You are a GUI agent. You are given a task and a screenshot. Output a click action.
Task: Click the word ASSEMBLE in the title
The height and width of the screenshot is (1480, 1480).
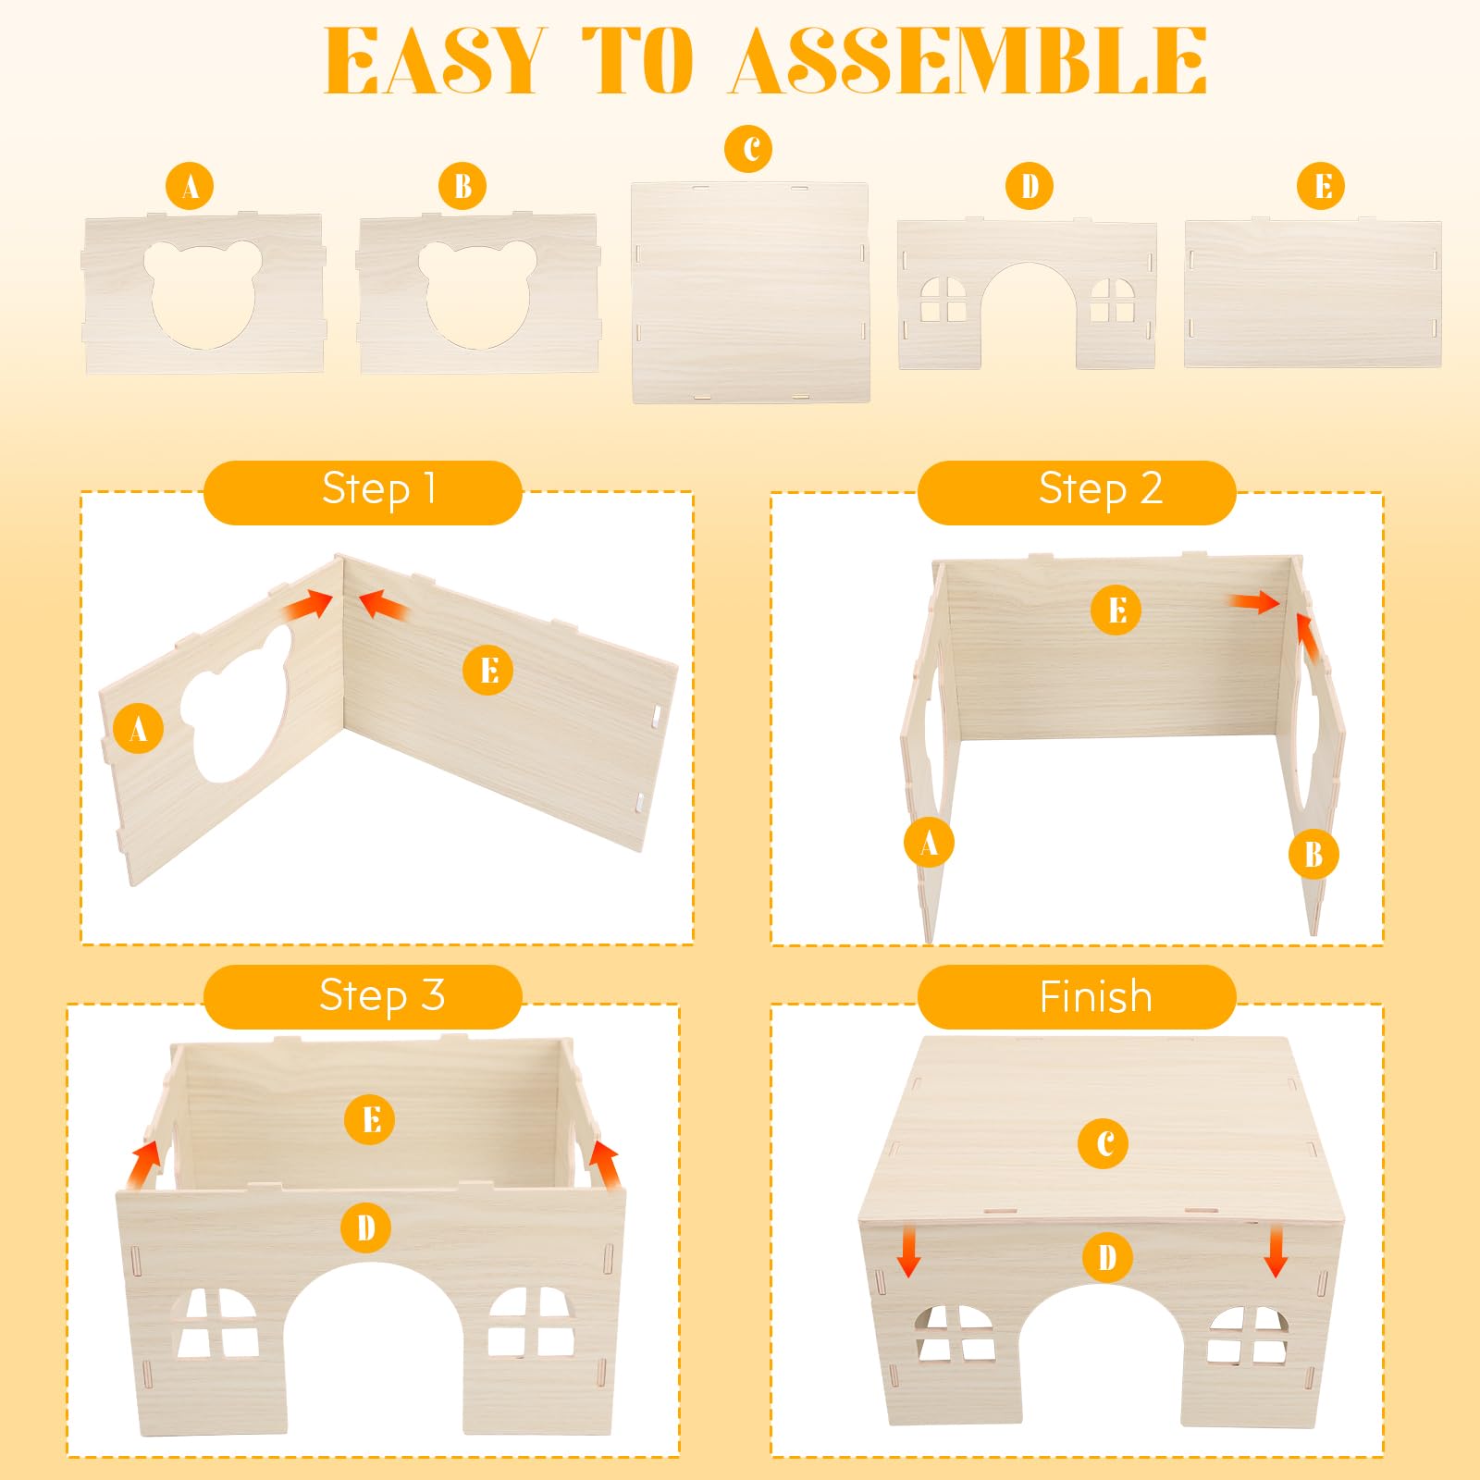[x=969, y=60]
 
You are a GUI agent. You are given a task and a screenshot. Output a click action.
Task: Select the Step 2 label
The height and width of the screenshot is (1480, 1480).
[x=1101, y=489]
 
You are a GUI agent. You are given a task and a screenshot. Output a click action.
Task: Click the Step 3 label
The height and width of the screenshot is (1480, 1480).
[x=382, y=996]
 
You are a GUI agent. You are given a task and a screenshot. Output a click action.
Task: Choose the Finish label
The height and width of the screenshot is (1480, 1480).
[x=1096, y=997]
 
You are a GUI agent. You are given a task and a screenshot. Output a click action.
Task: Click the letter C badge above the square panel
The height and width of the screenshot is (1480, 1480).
[x=749, y=149]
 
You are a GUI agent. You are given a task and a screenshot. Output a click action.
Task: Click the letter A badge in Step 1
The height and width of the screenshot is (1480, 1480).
[x=139, y=729]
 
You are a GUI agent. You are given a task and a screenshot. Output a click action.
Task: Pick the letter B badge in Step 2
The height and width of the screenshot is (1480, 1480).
[x=1313, y=854]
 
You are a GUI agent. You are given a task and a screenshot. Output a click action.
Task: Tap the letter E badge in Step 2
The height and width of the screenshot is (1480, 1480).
[x=1116, y=610]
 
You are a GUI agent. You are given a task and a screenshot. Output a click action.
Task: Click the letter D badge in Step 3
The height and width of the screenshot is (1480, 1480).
[x=366, y=1228]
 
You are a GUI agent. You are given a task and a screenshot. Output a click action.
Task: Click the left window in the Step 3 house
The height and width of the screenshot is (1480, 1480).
[x=218, y=1324]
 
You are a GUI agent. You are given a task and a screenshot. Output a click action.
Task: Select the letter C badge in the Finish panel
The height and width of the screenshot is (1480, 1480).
[x=1103, y=1144]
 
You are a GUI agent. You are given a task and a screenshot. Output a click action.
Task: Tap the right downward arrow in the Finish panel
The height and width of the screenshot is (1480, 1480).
[x=1276, y=1251]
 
